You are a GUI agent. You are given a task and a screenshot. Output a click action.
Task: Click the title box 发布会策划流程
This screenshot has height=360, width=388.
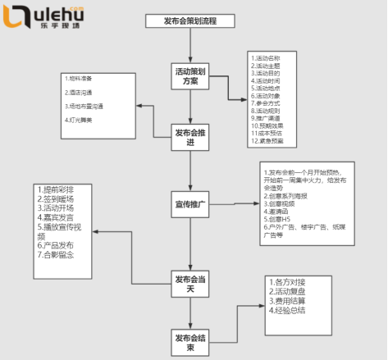[x=189, y=21]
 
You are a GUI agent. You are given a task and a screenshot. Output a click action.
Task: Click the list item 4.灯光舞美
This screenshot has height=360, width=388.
[x=82, y=120]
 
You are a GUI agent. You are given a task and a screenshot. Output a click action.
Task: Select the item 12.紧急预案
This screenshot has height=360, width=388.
[x=270, y=141]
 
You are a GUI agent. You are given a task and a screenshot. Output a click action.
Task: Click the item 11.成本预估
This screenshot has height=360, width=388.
[x=270, y=134]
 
